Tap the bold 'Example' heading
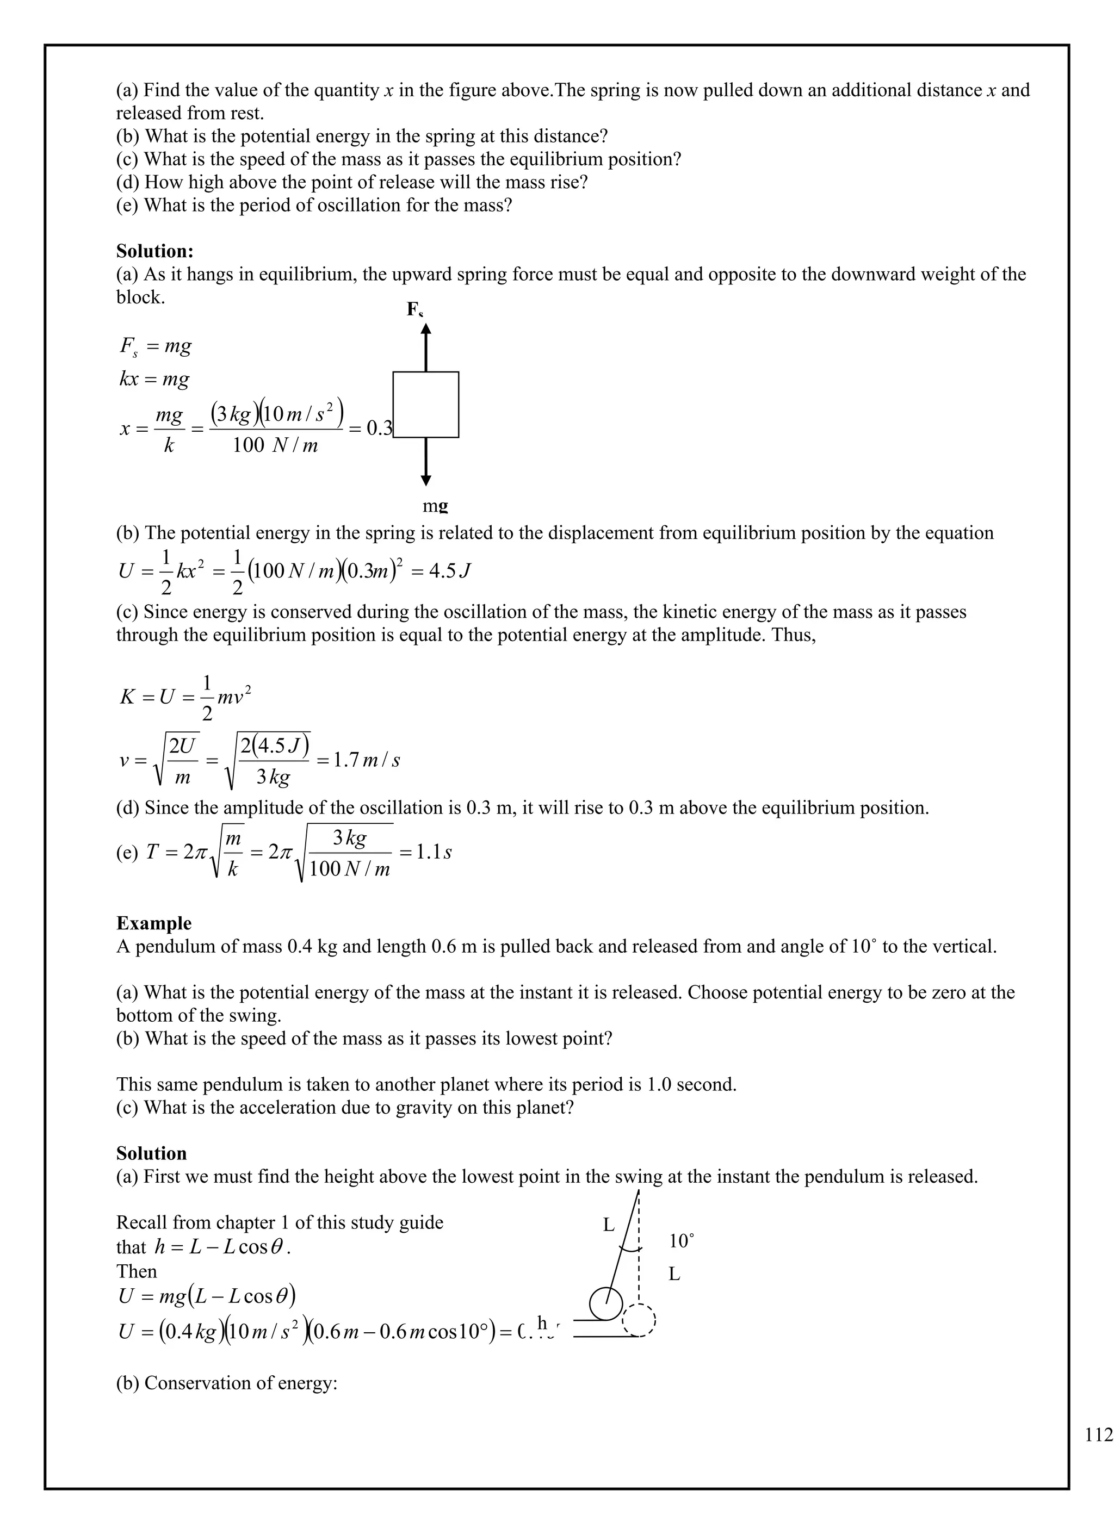coord(153,923)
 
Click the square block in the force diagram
coord(425,405)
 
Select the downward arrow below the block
coord(425,461)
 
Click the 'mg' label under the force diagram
coord(435,505)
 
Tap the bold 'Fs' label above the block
coord(414,310)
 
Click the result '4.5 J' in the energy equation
coord(449,572)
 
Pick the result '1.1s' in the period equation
coord(433,852)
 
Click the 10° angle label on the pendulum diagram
coord(681,1241)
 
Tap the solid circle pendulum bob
coord(605,1303)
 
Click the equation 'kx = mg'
coord(154,379)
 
